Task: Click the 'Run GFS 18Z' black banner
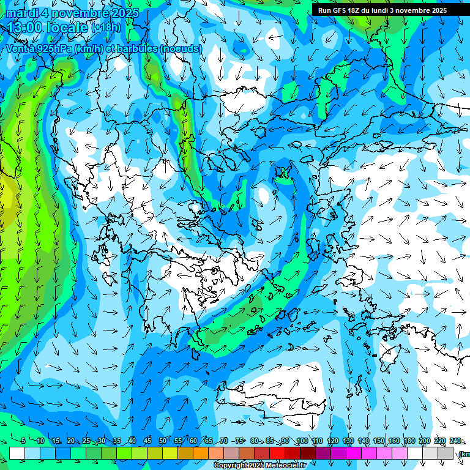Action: [391, 10]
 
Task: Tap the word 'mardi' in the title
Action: [21, 13]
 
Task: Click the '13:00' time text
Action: [26, 28]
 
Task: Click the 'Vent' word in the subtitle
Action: [18, 48]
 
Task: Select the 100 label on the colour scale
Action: [302, 441]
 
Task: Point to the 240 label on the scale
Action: [455, 441]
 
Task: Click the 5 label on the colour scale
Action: [23, 441]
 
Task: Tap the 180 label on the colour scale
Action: [409, 441]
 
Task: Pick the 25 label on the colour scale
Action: [86, 441]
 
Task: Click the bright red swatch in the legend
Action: [277, 453]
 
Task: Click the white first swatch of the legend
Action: [17, 453]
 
